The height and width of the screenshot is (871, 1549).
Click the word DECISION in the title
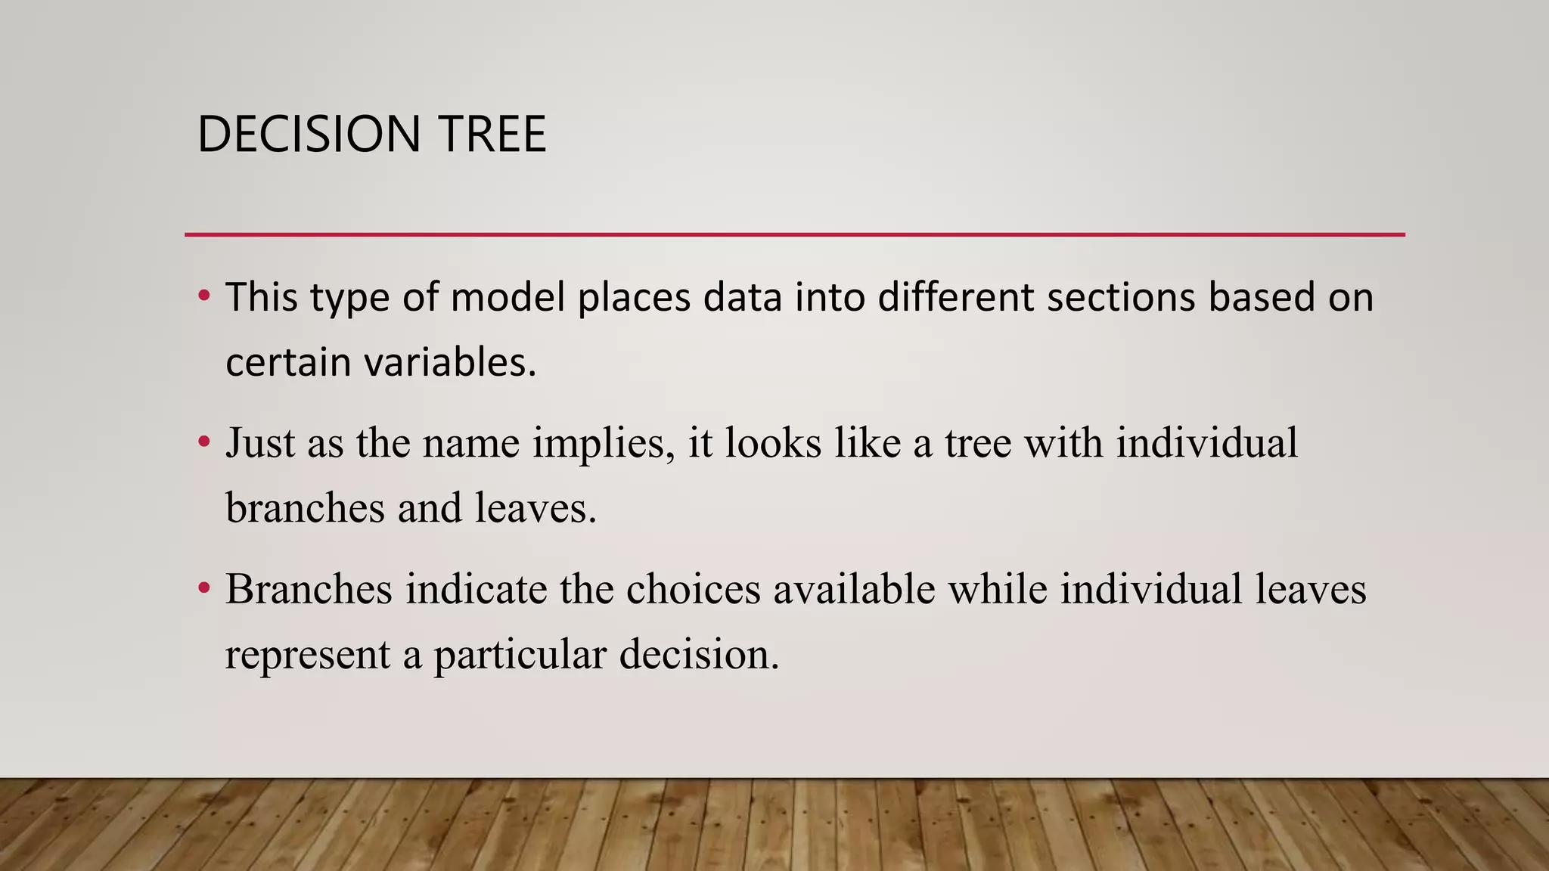pyautogui.click(x=308, y=135)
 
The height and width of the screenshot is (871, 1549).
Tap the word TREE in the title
pyautogui.click(x=491, y=135)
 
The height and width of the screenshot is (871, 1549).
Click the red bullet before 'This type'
pyautogui.click(x=203, y=296)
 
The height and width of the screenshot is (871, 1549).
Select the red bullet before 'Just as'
pyautogui.click(x=203, y=442)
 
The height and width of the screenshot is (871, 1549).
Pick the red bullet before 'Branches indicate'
pyautogui.click(x=203, y=588)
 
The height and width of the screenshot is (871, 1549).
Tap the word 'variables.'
pyautogui.click(x=450, y=362)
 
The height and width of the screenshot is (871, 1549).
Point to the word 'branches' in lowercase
pyautogui.click(x=305, y=508)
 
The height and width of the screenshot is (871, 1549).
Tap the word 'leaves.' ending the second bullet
pyautogui.click(x=535, y=508)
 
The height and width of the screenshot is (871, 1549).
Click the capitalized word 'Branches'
pyautogui.click(x=309, y=589)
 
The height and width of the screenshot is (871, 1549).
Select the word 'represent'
pyautogui.click(x=307, y=655)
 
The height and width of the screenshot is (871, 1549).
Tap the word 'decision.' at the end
pyautogui.click(x=699, y=655)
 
